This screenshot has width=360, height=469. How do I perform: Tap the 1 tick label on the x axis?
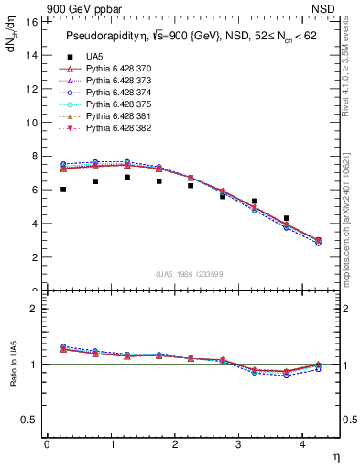point(112,445)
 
